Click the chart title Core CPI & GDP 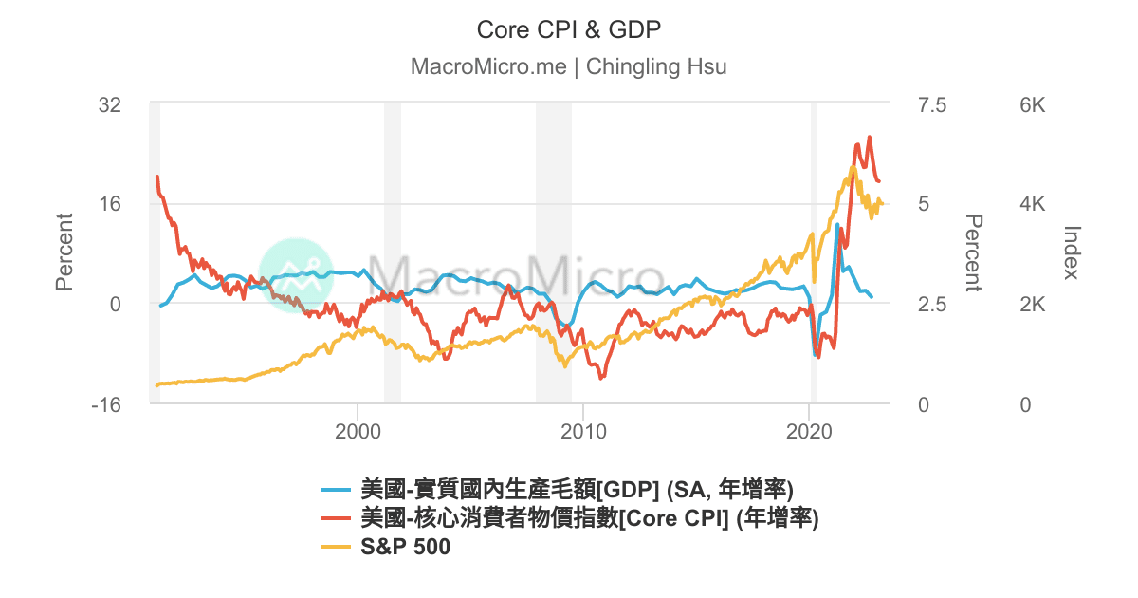(568, 29)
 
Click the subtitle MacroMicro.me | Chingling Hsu (568, 67)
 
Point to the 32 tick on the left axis (110, 104)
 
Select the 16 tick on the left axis (110, 204)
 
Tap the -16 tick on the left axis (106, 404)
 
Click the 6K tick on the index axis (1031, 104)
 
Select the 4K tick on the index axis (1031, 204)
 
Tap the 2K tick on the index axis (1031, 305)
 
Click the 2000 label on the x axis (358, 429)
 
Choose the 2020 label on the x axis (809, 429)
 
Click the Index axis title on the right (1072, 252)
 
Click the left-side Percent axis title (64, 252)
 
